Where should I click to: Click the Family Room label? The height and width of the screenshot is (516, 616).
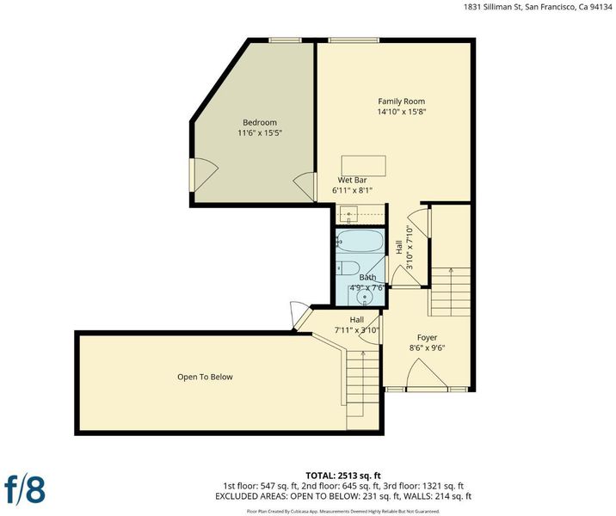(401, 101)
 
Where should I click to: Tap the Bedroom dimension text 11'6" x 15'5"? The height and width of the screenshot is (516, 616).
(260, 132)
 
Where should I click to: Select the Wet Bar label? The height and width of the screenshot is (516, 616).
(352, 181)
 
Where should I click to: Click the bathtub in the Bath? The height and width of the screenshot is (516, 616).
(360, 241)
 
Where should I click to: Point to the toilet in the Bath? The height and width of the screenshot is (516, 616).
(348, 267)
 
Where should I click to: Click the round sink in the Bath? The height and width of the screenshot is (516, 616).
(366, 297)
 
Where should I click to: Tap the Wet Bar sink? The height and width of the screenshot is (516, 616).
(348, 214)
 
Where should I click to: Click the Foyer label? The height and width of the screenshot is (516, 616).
(427, 338)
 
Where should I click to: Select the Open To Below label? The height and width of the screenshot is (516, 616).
(205, 377)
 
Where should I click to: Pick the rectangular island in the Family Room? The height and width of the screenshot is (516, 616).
(363, 166)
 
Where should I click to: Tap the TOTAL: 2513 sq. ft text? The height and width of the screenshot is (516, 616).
(343, 476)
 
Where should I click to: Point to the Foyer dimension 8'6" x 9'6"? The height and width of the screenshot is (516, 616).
(427, 348)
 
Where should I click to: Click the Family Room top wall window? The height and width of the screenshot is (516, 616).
(354, 40)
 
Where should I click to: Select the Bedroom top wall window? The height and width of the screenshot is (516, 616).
(285, 40)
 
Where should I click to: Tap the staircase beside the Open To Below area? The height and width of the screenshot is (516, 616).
(362, 389)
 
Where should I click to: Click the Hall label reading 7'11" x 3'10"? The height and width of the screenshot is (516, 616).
(357, 325)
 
